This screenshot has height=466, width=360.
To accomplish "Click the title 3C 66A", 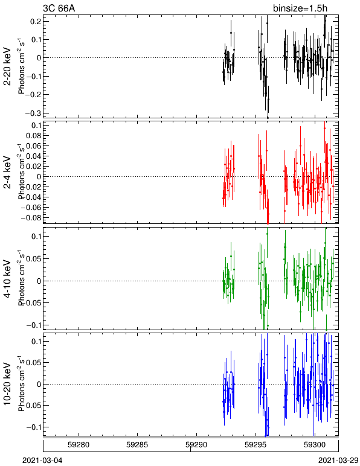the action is pos(59,8).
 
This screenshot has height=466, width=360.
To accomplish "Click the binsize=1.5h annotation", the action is pos(300,8).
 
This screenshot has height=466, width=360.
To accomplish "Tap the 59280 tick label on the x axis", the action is pos(79,445).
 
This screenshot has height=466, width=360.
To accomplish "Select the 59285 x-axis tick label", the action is pos(137,445).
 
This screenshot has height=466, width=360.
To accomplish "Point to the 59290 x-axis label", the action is pos(196,445).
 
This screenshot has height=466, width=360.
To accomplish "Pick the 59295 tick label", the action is pos(256,445).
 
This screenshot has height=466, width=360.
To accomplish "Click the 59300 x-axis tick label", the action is pos(315,445).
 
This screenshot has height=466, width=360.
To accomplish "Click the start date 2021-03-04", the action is pos(42,461).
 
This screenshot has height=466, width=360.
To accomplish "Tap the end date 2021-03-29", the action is pos(339,461).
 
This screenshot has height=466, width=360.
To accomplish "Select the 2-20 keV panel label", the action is pos(7,66).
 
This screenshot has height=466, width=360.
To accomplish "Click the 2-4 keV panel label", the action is pos(7,173).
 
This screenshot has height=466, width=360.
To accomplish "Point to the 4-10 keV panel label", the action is pos(7,279).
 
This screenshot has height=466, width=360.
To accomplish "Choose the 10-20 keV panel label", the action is pos(7,384).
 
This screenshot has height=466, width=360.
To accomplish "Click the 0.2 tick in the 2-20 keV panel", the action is pos(36,21).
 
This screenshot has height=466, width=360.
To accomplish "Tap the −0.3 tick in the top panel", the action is pos(34,113).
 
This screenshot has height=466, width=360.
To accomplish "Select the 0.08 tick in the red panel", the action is pos(34,136).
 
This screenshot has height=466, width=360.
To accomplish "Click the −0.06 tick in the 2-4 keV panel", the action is pos(31,208).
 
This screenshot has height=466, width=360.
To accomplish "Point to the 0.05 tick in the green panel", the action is pos(34,258).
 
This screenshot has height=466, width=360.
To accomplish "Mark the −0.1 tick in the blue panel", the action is pos(34,427).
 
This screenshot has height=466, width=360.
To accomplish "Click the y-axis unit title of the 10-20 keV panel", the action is pos(21,384).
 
